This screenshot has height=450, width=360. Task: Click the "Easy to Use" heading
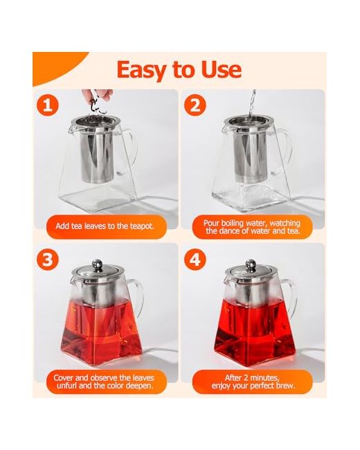pyautogui.click(x=179, y=69)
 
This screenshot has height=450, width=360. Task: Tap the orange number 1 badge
pyautogui.click(x=48, y=105)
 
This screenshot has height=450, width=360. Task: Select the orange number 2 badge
pyautogui.click(x=195, y=105)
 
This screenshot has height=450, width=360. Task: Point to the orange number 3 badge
pyautogui.click(x=48, y=259)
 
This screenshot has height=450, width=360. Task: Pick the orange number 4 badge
pyautogui.click(x=195, y=259)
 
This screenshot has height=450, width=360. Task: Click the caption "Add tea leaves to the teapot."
pyautogui.click(x=105, y=226)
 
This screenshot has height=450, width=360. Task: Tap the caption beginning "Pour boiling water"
pyautogui.click(x=253, y=226)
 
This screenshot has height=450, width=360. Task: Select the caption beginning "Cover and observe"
pyautogui.click(x=105, y=381)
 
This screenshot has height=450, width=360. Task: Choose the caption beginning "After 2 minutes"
pyautogui.click(x=253, y=381)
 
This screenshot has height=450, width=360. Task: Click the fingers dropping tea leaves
pyautogui.click(x=98, y=94)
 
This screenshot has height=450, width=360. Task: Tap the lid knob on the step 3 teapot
pyautogui.click(x=97, y=264)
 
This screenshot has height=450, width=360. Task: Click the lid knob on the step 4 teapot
pyautogui.click(x=251, y=264)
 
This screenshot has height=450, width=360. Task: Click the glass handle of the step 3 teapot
pyautogui.click(x=138, y=298)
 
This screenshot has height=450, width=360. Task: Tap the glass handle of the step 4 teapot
pyautogui.click(x=291, y=298)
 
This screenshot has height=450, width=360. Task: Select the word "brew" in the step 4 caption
pyautogui.click(x=285, y=386)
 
